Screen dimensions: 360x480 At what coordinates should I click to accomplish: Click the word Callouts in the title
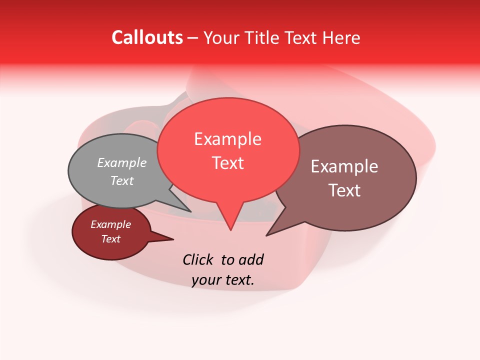click(x=147, y=37)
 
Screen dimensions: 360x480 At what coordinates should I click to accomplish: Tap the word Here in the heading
click(x=341, y=37)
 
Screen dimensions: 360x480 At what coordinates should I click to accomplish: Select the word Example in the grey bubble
click(x=122, y=162)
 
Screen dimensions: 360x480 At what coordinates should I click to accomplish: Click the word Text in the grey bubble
click(x=122, y=180)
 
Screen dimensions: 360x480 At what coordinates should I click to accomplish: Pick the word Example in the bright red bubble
click(x=227, y=139)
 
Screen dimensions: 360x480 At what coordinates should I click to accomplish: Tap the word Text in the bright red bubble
click(x=228, y=163)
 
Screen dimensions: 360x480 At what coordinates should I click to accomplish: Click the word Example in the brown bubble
click(x=344, y=166)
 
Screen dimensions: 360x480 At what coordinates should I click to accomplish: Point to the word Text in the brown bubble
click(x=344, y=190)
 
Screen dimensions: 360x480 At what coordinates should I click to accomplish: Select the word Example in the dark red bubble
click(x=110, y=224)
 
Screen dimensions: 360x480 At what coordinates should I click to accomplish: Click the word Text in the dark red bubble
click(x=110, y=239)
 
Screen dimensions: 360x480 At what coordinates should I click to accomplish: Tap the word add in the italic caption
click(x=250, y=259)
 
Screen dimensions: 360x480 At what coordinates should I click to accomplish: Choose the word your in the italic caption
click(x=206, y=280)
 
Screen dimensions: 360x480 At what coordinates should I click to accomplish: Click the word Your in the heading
click(x=220, y=37)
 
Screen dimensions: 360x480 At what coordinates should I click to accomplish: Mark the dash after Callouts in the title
click(x=193, y=37)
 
